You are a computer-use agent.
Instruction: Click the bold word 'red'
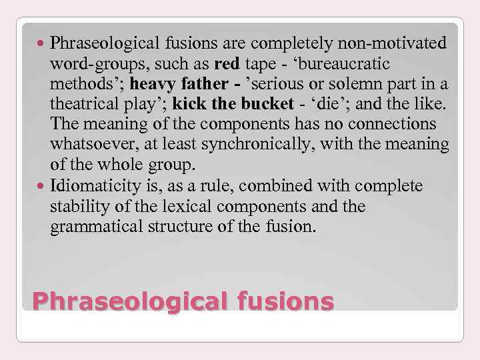(227, 65)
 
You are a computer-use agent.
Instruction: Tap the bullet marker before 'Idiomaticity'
(42, 185)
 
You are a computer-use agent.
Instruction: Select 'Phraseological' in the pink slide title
(122, 301)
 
